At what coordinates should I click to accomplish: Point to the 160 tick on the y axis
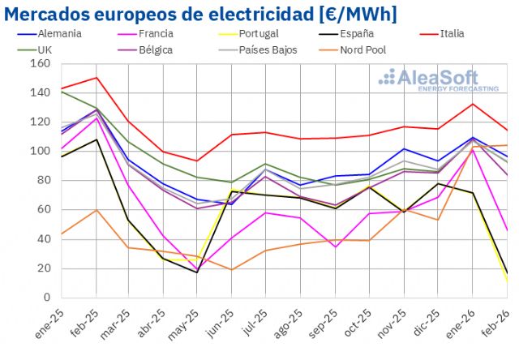pyautogui.click(x=41, y=63)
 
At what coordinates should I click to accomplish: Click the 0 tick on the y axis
pyautogui.click(x=46, y=298)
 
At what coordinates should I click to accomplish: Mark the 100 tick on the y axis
pyautogui.click(x=41, y=151)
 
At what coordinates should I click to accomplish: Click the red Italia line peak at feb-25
pyautogui.click(x=97, y=78)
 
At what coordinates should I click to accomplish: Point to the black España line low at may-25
pyautogui.click(x=196, y=272)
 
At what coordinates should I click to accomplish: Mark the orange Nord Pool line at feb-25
pyautogui.click(x=97, y=210)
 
